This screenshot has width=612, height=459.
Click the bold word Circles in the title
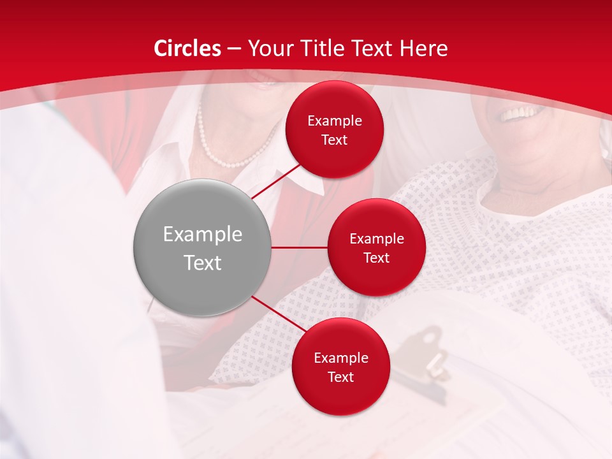coord(187,48)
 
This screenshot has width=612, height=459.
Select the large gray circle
coord(203,247)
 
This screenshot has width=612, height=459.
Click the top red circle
coord(334,129)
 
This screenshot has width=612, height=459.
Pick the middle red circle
coord(376,247)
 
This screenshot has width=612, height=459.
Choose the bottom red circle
coord(340,367)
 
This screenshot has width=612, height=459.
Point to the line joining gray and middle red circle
coord(300,247)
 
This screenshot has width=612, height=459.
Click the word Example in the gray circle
coord(203,235)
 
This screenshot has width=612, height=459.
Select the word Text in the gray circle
coord(203,263)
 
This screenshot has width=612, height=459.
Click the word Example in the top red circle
coord(334,121)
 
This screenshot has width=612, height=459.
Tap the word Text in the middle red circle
coord(376,258)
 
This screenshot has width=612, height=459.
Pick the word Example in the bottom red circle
coord(340,358)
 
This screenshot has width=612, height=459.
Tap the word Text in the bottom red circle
coord(340,377)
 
